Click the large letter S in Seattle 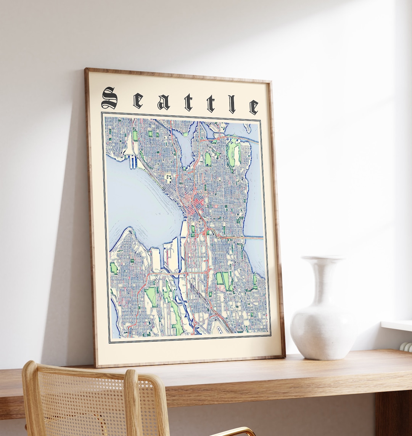[x=109, y=98]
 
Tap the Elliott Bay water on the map [x=145, y=206]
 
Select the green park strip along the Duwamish [x=174, y=309]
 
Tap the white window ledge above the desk [x=397, y=325]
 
